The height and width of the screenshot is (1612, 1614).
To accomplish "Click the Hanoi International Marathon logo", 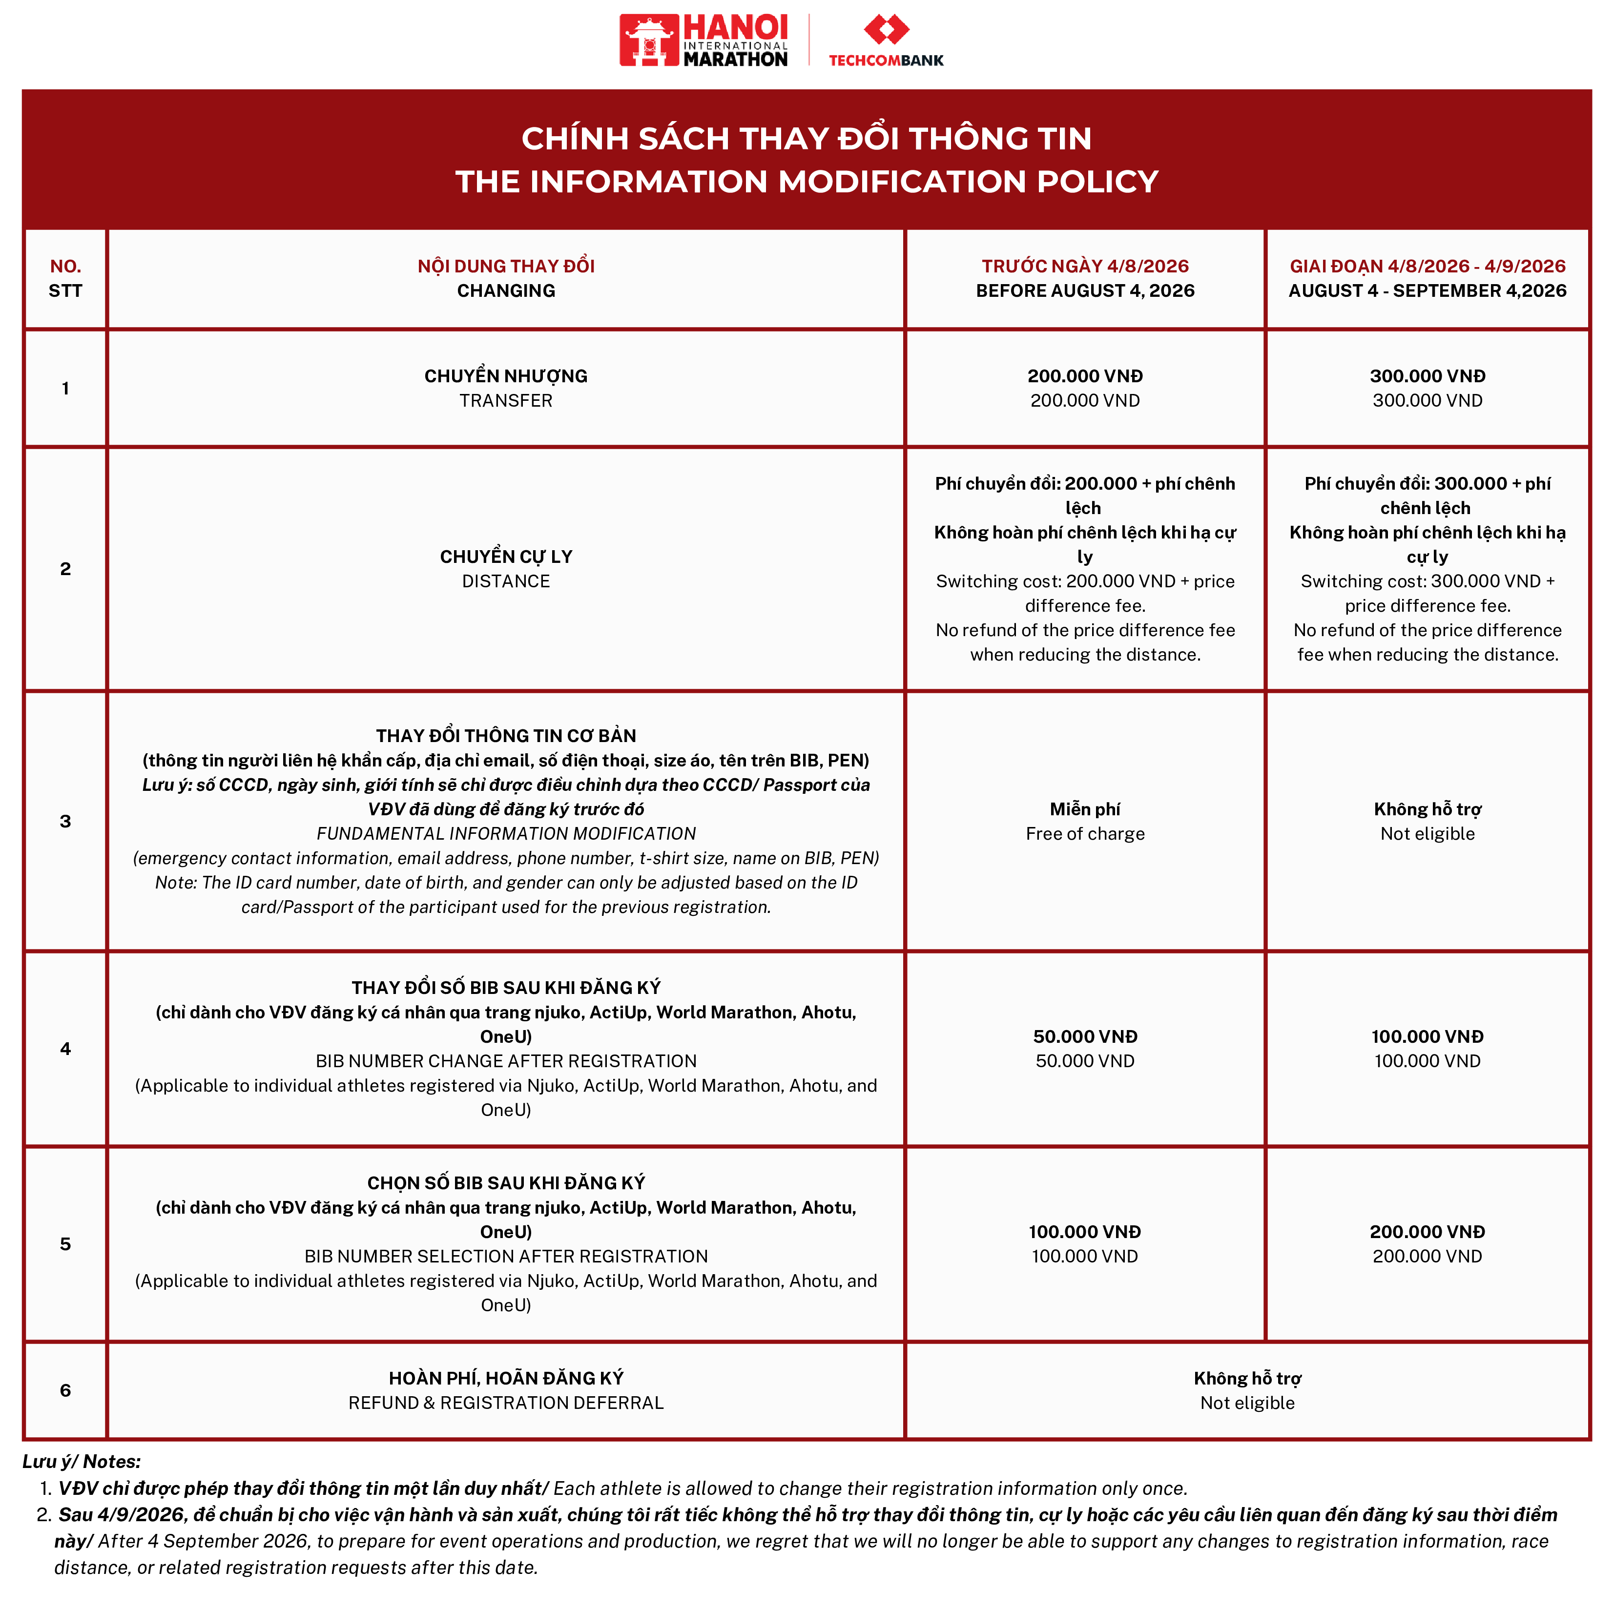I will click(x=704, y=40).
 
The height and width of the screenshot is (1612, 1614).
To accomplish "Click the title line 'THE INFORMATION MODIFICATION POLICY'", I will click(x=806, y=181).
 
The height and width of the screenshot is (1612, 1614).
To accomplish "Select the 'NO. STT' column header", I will click(x=65, y=278).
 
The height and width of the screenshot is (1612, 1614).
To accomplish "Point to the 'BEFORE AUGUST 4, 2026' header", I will click(x=1084, y=290).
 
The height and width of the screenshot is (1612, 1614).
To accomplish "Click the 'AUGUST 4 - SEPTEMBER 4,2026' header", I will click(x=1427, y=290).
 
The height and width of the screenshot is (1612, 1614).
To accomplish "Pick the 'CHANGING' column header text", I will click(x=505, y=290).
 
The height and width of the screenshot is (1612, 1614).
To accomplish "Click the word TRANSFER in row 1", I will click(x=505, y=401).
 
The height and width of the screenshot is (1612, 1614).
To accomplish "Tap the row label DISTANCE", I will click(x=505, y=581).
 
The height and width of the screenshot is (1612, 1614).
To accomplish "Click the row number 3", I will click(x=65, y=821).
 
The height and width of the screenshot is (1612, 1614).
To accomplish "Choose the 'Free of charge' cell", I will click(x=1084, y=833).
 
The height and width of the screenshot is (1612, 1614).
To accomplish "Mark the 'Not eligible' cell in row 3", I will click(x=1427, y=833).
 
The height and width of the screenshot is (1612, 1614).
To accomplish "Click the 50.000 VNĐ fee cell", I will click(x=1084, y=1048).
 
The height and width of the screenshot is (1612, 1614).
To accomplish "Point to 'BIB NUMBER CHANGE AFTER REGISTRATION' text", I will click(x=505, y=1061).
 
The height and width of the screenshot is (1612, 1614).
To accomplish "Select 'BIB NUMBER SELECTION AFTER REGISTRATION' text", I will click(x=505, y=1256).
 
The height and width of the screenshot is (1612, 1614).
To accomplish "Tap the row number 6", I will click(x=65, y=1390).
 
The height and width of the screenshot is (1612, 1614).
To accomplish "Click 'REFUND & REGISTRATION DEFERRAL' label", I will click(x=505, y=1403).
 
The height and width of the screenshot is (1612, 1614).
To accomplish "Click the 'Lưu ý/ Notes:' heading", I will click(x=81, y=1461).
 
